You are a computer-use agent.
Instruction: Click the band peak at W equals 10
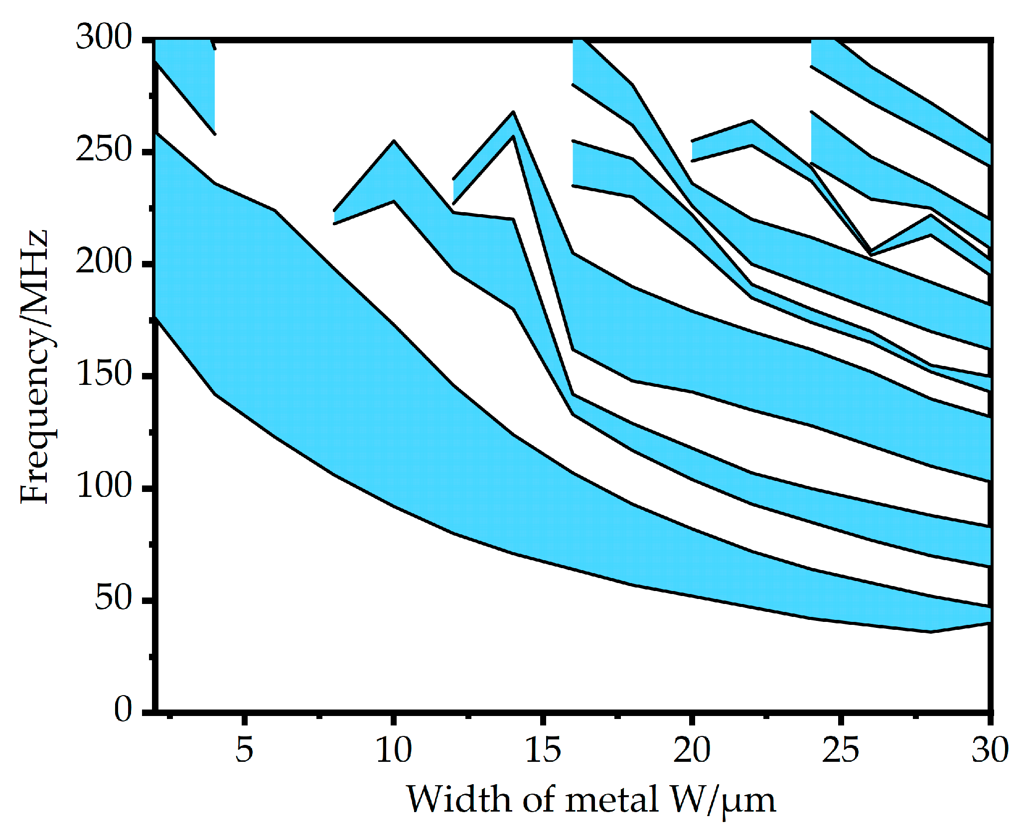click(394, 141)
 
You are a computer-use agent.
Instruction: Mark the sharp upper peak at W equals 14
click(513, 113)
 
